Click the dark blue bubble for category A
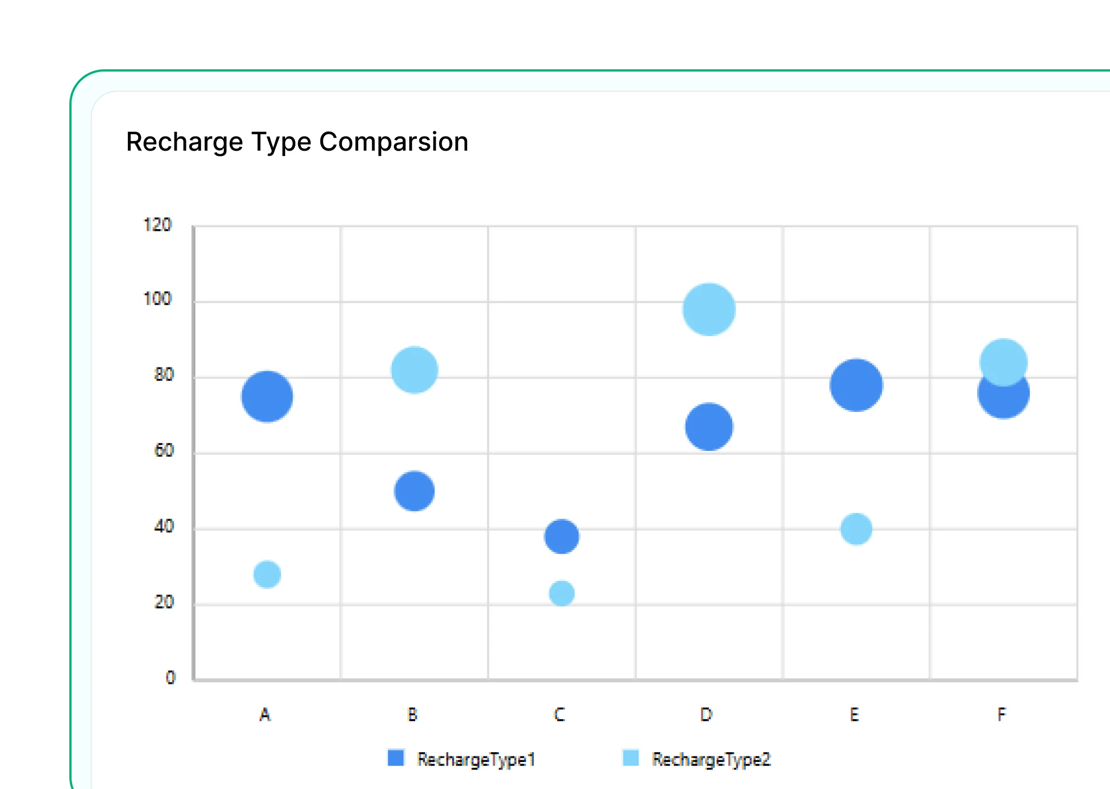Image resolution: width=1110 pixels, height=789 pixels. tap(267, 397)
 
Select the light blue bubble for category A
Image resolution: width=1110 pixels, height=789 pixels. tap(267, 574)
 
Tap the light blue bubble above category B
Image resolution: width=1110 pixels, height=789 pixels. tap(414, 370)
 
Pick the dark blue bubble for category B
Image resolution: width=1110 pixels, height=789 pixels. tap(414, 491)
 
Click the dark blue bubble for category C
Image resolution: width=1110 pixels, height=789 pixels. tap(562, 536)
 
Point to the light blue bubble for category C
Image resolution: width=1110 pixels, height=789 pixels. tap(562, 593)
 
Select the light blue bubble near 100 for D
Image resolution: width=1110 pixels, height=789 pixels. tap(709, 309)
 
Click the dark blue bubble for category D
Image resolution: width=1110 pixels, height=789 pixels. tap(709, 427)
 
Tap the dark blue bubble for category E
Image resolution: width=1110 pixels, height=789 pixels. tap(856, 385)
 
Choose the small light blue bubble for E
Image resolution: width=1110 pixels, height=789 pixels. tap(856, 529)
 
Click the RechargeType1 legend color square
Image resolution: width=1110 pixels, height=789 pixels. tap(396, 758)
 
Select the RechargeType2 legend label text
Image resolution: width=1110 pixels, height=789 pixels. tap(711, 760)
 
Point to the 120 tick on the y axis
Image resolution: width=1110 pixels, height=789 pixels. tap(157, 225)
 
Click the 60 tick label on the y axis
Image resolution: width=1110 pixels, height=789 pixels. tap(164, 450)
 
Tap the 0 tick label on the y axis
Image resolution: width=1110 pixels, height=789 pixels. tap(171, 677)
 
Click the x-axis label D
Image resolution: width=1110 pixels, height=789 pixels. tap(706, 715)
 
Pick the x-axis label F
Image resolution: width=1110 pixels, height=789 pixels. tap(1002, 715)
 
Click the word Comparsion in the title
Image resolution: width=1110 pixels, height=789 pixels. tap(393, 142)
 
